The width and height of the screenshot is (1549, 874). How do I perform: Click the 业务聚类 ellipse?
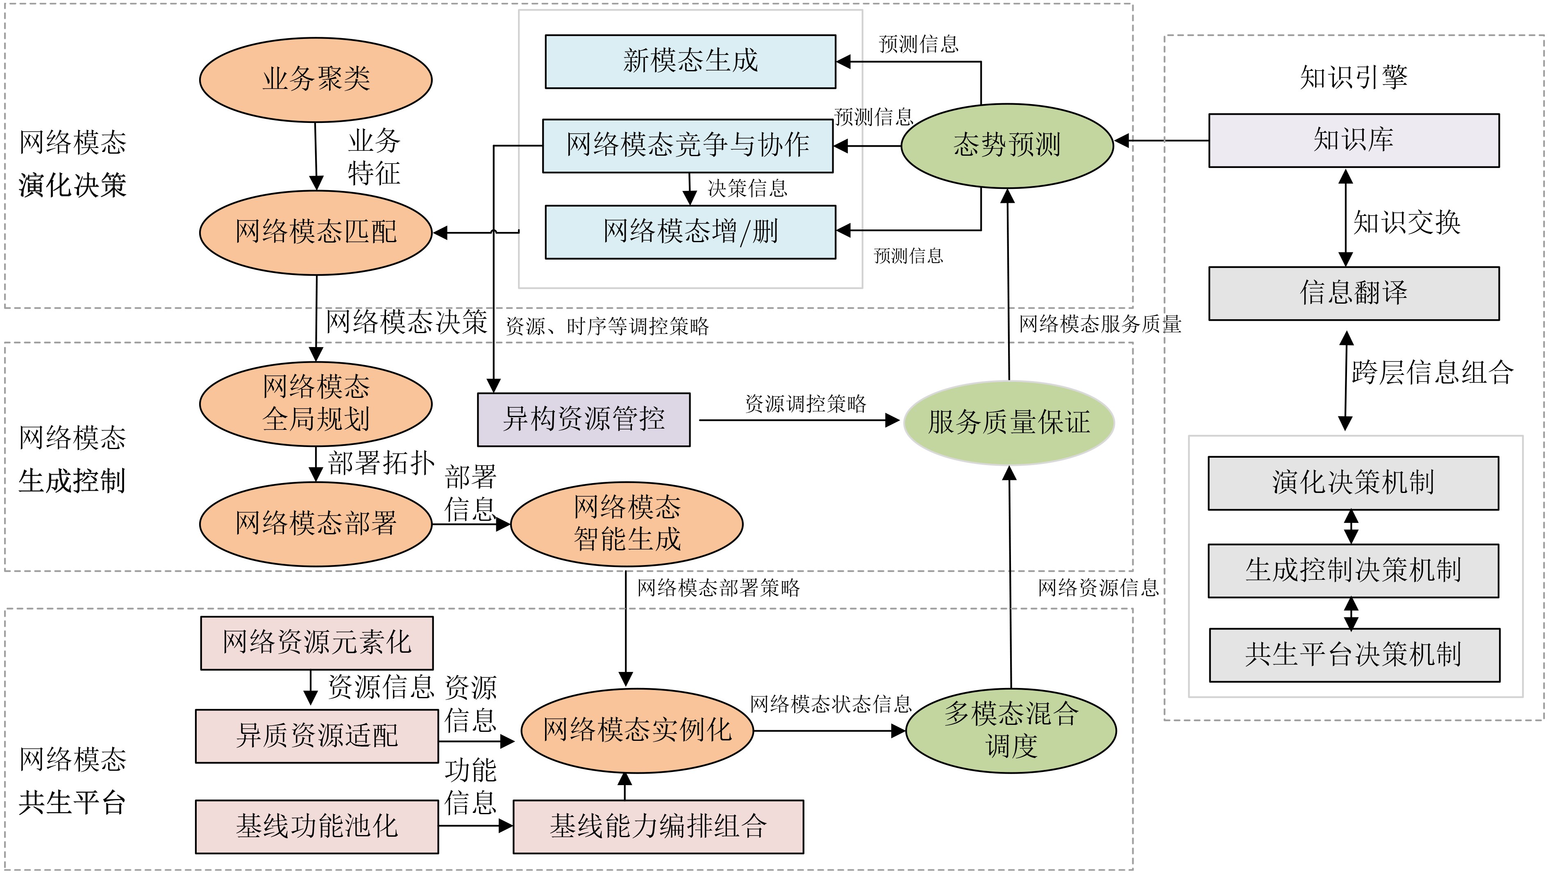point(316,79)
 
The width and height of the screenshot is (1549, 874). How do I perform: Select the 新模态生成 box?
point(690,61)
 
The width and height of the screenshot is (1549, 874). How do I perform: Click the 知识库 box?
point(1354,141)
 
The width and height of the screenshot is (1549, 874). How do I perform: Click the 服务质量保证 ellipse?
point(1009,422)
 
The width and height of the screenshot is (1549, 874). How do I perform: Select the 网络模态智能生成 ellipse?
point(627,524)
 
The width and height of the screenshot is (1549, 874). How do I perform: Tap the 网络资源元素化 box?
point(317,642)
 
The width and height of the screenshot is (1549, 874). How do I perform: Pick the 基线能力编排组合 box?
point(658,826)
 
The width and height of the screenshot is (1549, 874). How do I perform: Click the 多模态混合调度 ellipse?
point(1011,730)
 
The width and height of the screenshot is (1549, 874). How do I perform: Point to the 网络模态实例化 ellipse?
point(637,730)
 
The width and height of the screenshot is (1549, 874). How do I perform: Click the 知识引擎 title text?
point(1354,77)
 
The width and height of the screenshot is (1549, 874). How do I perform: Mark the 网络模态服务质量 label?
point(1100,325)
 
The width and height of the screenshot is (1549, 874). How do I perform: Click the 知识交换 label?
point(1406,222)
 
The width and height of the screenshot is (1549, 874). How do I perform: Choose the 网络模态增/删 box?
point(690,232)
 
